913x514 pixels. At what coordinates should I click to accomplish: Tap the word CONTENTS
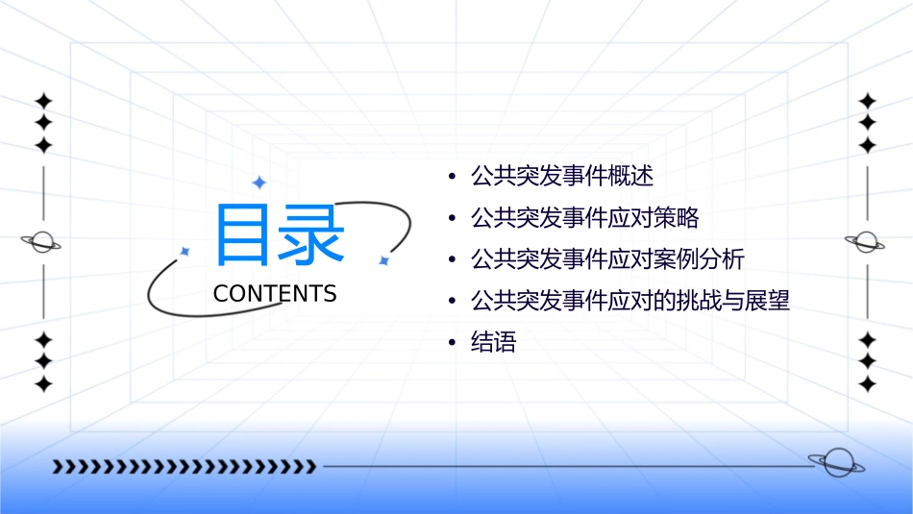pyautogui.click(x=275, y=294)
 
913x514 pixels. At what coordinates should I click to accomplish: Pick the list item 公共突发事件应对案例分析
pyautogui.click(x=606, y=259)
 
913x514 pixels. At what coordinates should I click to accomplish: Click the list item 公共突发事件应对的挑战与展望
pyautogui.click(x=629, y=301)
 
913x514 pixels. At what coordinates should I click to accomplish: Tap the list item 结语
pyautogui.click(x=493, y=343)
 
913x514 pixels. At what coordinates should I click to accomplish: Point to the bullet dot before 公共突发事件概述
pyautogui.click(x=453, y=178)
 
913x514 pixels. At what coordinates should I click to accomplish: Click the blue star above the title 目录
pyautogui.click(x=258, y=182)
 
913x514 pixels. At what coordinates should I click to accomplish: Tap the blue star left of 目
pyautogui.click(x=185, y=251)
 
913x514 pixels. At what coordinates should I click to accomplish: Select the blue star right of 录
pyautogui.click(x=382, y=259)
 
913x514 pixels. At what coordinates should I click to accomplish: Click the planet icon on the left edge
pyautogui.click(x=42, y=243)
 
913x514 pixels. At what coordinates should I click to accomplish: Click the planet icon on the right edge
pyautogui.click(x=866, y=242)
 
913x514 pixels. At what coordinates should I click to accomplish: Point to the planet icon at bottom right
pyautogui.click(x=835, y=462)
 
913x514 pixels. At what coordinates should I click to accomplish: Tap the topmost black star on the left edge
pyautogui.click(x=42, y=101)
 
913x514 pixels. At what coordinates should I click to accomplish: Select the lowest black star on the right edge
pyautogui.click(x=868, y=384)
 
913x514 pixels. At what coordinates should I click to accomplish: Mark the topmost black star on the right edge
pyautogui.click(x=868, y=101)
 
